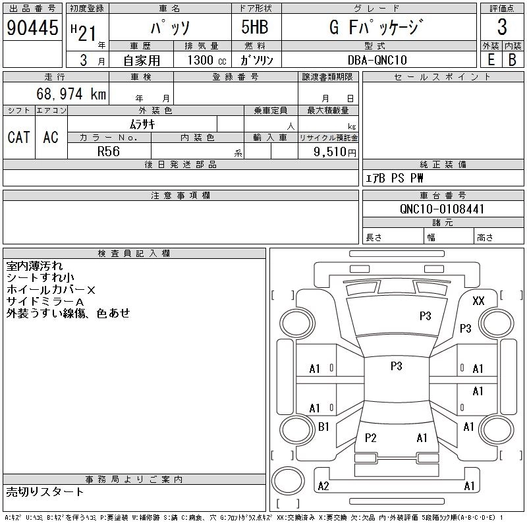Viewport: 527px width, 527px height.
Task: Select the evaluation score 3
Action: pyautogui.click(x=502, y=28)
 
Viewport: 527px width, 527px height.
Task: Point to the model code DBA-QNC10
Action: pyautogui.click(x=377, y=59)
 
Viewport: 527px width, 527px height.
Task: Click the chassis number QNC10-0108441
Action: pyautogui.click(x=442, y=209)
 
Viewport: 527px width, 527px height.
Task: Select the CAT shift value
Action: pyautogui.click(x=18, y=137)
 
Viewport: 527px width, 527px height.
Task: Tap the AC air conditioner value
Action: pyautogui.click(x=51, y=137)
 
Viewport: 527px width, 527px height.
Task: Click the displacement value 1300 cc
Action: pyautogui.click(x=204, y=60)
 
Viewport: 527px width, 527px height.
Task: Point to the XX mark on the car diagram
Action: pyautogui.click(x=479, y=301)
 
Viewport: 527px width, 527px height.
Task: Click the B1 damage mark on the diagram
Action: pyautogui.click(x=323, y=427)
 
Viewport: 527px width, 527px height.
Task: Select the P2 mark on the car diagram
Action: pyautogui.click(x=371, y=438)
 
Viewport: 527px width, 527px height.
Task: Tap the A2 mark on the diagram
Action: pyautogui.click(x=323, y=486)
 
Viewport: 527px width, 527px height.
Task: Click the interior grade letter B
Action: pyautogui.click(x=512, y=59)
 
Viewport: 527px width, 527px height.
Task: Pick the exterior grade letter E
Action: pyautogui.click(x=491, y=59)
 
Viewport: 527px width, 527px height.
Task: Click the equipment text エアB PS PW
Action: pyautogui.click(x=395, y=179)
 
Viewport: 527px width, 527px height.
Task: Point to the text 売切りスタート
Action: pyautogui.click(x=45, y=491)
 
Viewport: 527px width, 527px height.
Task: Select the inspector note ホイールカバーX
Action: pyautogui.click(x=51, y=290)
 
